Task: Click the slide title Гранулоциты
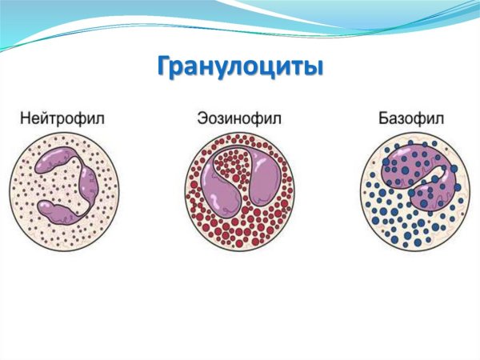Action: (x=239, y=66)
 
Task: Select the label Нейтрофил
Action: (x=62, y=118)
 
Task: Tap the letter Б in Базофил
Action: (x=383, y=118)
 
